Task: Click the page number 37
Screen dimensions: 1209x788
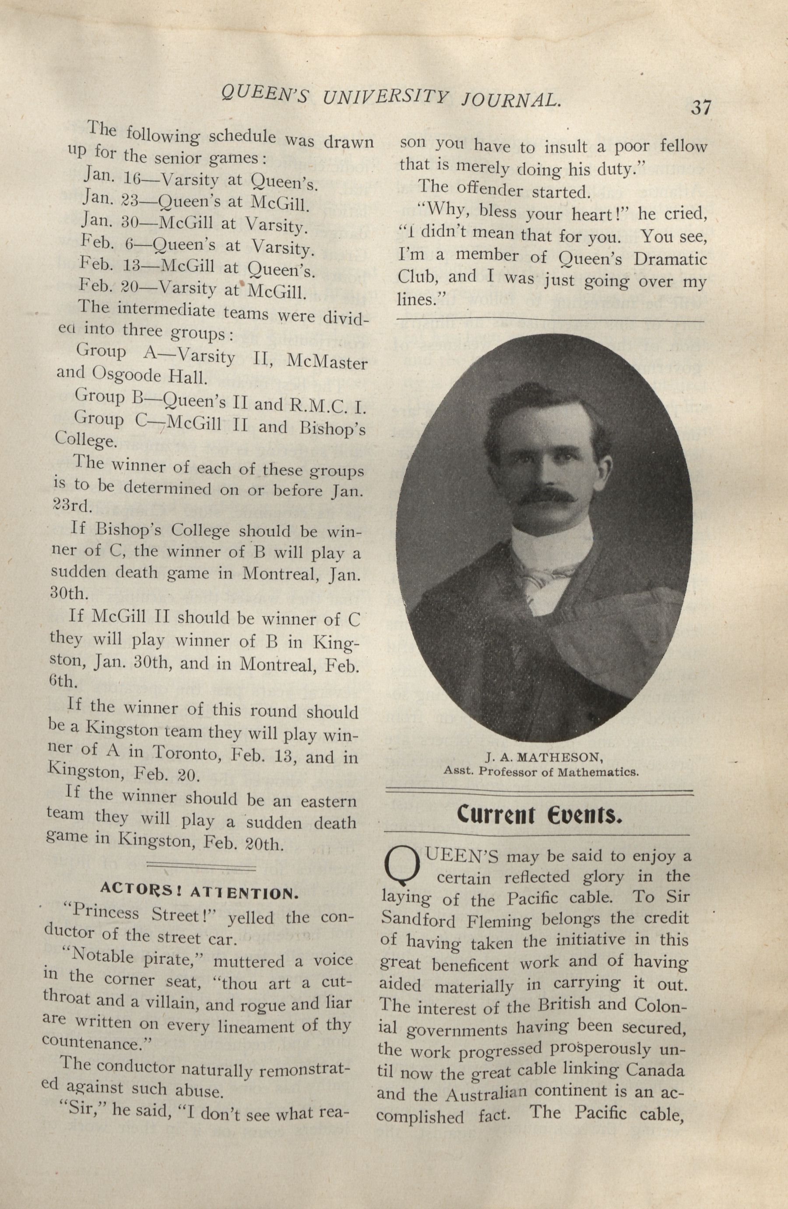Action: [x=700, y=108]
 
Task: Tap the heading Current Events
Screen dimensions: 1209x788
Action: [x=539, y=816]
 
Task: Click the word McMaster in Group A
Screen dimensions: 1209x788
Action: [x=327, y=362]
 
